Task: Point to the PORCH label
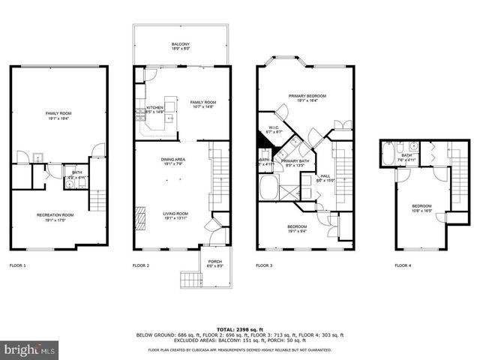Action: pos(215,262)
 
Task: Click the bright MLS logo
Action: pos(30,349)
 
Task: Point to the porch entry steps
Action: pos(190,280)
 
